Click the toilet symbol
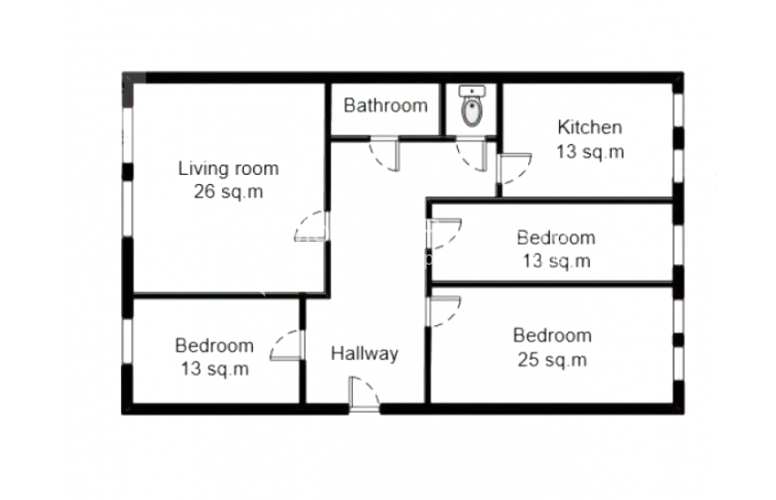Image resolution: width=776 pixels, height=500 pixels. [x=471, y=112]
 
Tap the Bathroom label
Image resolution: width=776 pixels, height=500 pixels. [x=385, y=105]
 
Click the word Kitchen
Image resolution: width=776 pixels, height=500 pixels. [x=589, y=127]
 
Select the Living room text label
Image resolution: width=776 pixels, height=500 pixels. [x=228, y=168]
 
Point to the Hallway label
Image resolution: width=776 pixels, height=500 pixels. [x=365, y=354]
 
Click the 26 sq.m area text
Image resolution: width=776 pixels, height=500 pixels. [x=228, y=191]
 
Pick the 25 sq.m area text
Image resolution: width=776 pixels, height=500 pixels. [x=552, y=359]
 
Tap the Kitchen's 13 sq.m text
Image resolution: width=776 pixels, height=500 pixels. [x=590, y=151]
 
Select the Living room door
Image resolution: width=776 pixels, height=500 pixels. [x=312, y=226]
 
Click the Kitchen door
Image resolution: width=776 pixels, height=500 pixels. [x=514, y=168]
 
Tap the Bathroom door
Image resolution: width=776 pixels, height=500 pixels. [x=385, y=154]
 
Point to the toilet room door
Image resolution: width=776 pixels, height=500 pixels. [x=471, y=154]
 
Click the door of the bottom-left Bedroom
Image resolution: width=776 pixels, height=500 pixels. [x=287, y=345]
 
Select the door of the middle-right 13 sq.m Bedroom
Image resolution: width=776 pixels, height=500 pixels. [x=444, y=233]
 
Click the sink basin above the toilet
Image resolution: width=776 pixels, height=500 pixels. [x=471, y=92]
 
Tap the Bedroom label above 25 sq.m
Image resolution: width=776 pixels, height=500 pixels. [x=552, y=336]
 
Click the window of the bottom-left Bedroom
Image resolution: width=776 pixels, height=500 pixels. [x=128, y=342]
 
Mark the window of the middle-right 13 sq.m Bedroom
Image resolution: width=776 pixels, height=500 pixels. [x=678, y=246]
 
